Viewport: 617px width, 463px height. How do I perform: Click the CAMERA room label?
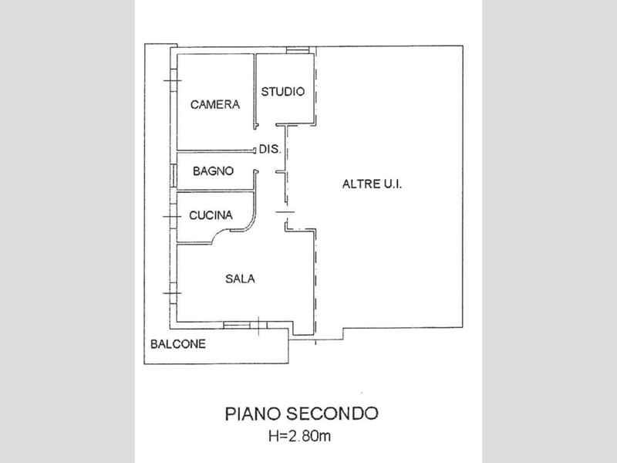[215, 104]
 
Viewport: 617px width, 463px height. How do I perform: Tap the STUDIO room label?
[283, 92]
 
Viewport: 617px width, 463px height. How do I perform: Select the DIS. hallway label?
[271, 149]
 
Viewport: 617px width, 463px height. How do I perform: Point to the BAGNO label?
[214, 171]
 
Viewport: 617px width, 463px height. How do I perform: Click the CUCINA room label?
[211, 215]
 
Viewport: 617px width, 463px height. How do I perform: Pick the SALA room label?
[240, 279]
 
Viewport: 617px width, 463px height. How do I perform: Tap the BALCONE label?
[178, 344]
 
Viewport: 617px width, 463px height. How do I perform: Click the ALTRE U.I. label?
[373, 184]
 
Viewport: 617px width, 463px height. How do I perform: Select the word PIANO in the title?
[252, 414]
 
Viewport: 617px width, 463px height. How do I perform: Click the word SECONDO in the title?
[332, 414]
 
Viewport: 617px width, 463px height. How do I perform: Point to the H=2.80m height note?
[300, 436]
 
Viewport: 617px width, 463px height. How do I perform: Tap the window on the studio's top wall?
[297, 50]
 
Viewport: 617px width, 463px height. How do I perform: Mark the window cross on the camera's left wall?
[172, 81]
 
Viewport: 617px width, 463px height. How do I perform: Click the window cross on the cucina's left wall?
[172, 217]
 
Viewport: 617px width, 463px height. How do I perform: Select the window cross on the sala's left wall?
[172, 293]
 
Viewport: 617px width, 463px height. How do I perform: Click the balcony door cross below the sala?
[258, 326]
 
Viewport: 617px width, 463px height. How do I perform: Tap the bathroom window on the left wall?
[173, 175]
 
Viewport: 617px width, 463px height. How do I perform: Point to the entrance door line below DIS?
[285, 212]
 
